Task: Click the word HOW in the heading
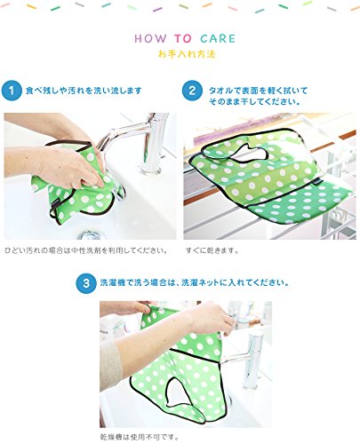tap(150, 38)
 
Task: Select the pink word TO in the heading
tap(183, 38)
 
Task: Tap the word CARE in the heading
tap(218, 38)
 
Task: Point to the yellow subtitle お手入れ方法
tap(187, 54)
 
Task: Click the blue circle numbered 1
tap(12, 91)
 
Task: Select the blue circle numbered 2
tap(192, 91)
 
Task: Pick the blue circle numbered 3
tap(86, 283)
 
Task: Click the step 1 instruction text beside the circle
tap(84, 91)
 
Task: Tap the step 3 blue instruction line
tap(195, 282)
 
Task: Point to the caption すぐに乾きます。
tap(212, 250)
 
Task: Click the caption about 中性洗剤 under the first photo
tap(86, 250)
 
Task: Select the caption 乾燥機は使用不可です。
tap(140, 437)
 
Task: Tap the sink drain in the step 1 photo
tap(92, 235)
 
